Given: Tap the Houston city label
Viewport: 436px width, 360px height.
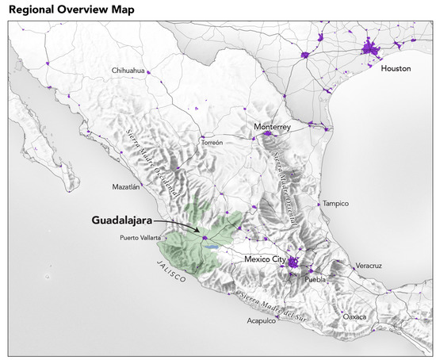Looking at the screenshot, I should (x=396, y=69).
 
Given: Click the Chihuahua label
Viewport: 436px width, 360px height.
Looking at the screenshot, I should (x=128, y=70).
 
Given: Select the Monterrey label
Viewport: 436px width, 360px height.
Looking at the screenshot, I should (x=273, y=126).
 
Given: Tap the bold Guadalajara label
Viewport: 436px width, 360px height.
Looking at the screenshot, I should (x=116, y=222).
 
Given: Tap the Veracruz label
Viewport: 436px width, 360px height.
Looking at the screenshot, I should (x=369, y=265).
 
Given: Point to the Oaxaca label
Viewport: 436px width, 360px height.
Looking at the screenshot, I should (x=354, y=316).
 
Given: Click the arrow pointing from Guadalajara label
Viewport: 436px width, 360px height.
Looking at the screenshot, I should (x=178, y=227).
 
